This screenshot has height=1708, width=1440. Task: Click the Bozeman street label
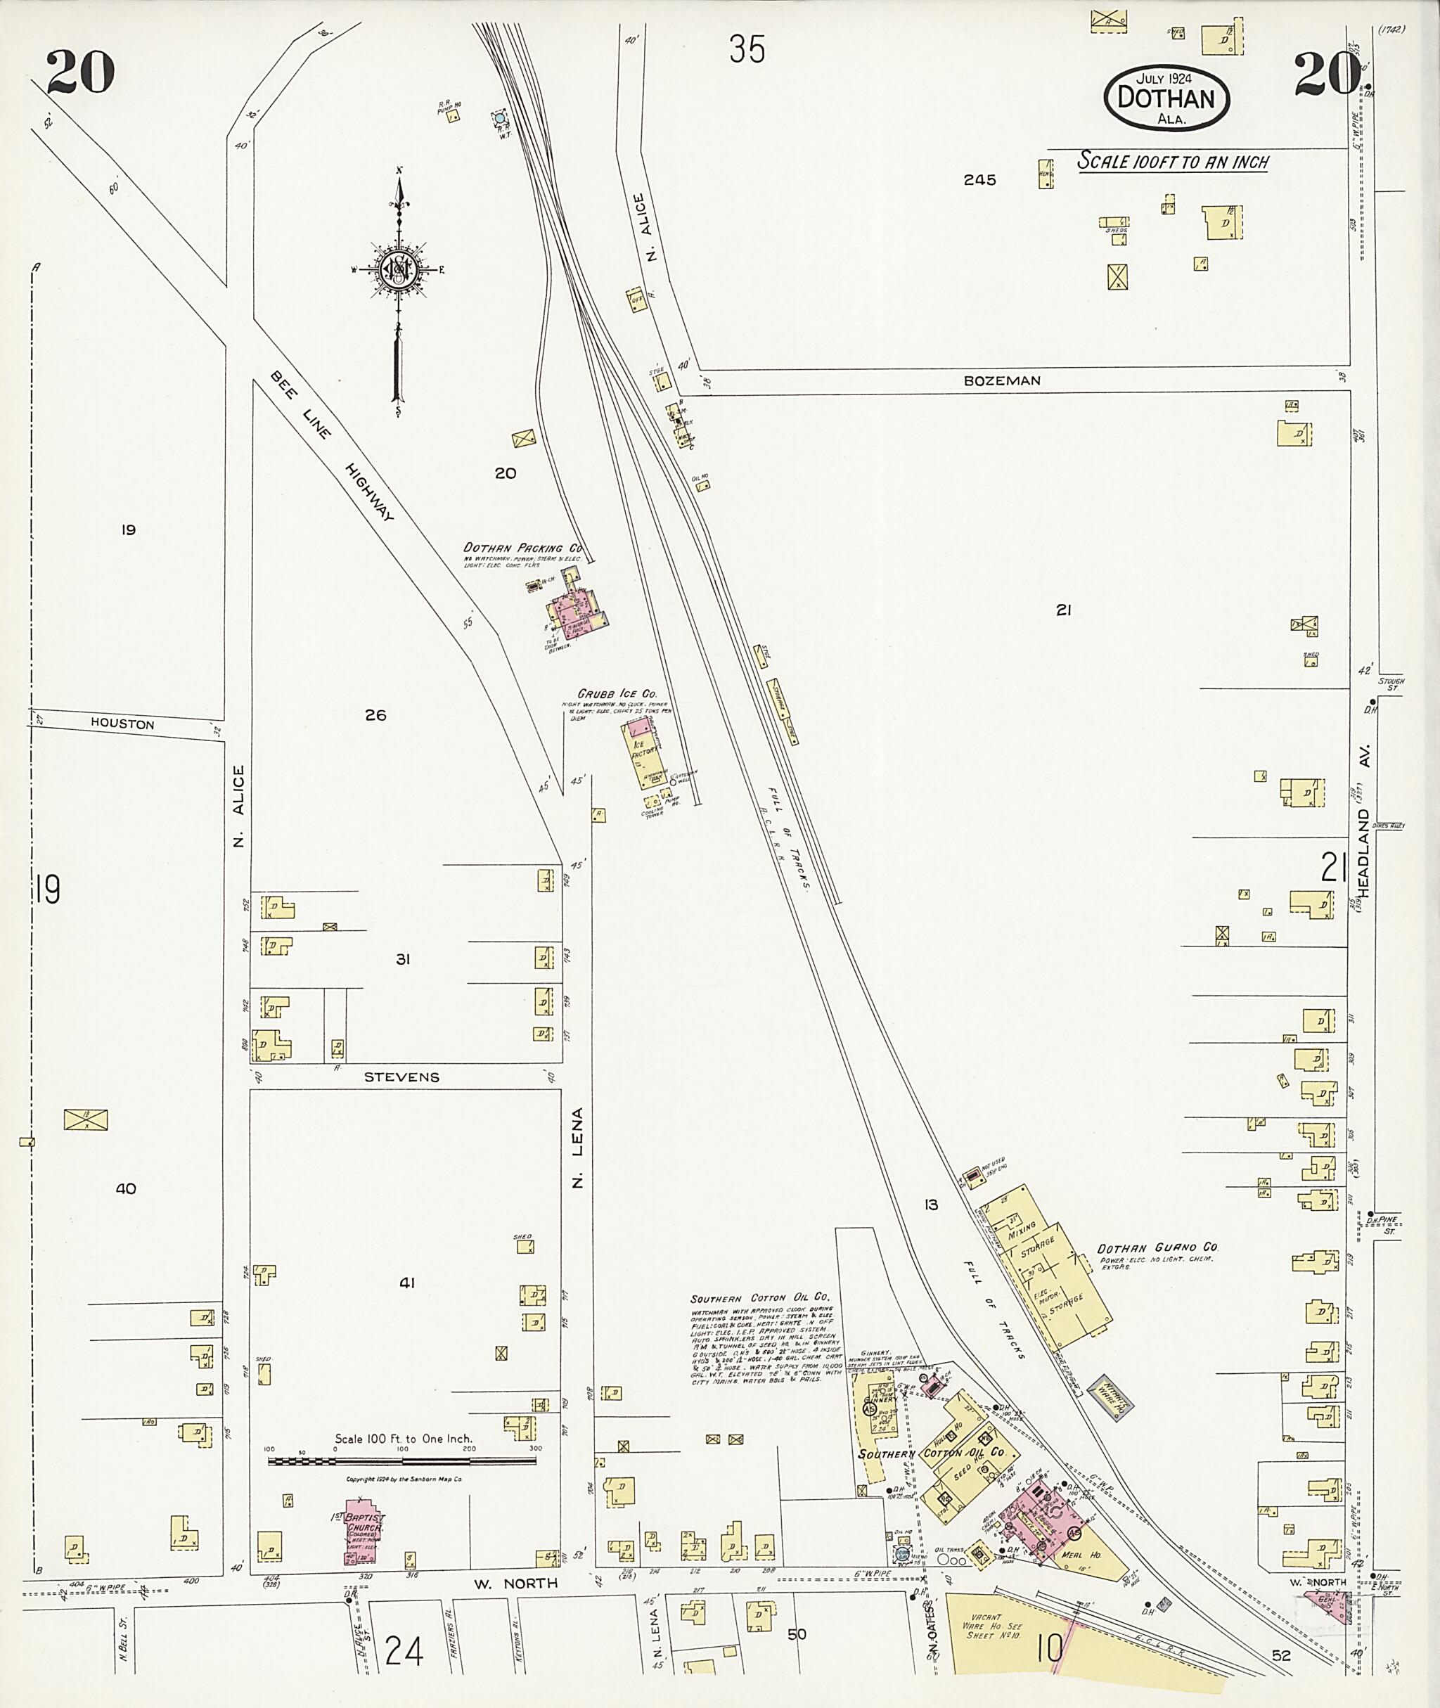coord(1002,380)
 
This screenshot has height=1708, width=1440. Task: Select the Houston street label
coord(122,724)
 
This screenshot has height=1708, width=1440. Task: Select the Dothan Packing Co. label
coord(522,548)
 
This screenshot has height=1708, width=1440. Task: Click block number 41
coord(406,1283)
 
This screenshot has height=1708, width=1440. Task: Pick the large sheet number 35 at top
coord(747,50)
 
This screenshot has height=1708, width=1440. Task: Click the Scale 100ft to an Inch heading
coord(1172,162)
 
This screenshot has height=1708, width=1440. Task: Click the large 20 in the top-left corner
coord(80,72)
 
